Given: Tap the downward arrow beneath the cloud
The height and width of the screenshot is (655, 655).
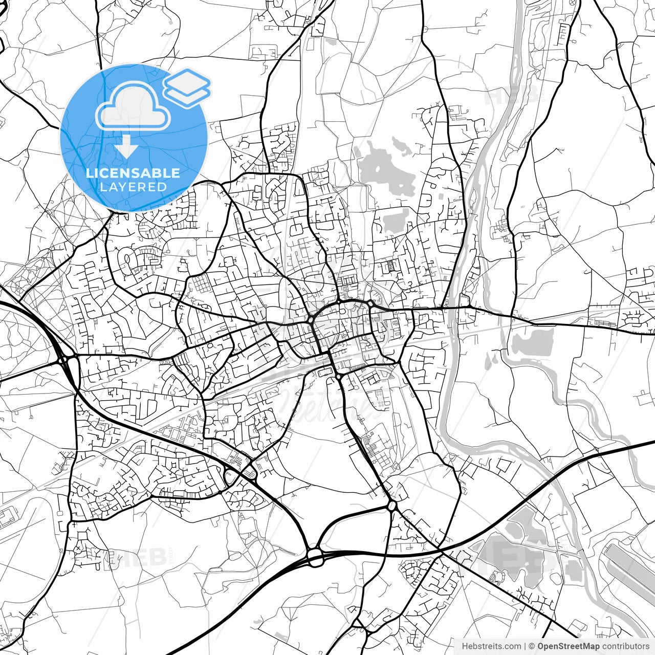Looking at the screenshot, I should pos(126,147).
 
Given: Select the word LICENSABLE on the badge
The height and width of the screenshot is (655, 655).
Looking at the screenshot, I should pos(133,173).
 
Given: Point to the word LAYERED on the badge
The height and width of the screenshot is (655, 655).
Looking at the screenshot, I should pos(133,187).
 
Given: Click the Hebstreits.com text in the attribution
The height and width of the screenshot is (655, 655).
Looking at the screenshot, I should pos(491,646).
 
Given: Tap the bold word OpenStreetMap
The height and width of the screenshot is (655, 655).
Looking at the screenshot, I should pos(568,646).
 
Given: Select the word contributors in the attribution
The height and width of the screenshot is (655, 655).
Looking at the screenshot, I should pos(625,646).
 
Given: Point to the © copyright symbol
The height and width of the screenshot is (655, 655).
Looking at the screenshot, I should pos(532,646).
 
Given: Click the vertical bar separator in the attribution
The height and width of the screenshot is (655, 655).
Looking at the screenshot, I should pos(525,646).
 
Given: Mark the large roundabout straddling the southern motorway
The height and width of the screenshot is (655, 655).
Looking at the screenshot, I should pos(315,556).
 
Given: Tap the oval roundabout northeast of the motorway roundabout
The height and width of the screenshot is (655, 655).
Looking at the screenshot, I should pos(392,506).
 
